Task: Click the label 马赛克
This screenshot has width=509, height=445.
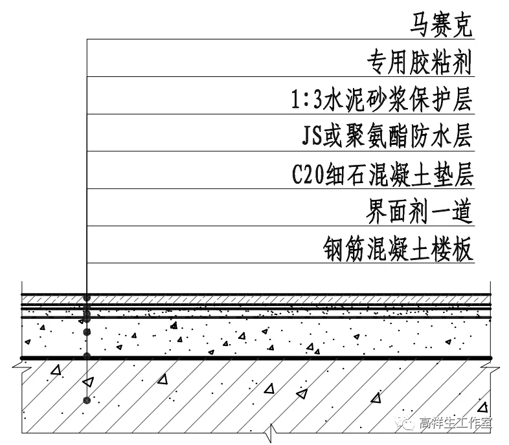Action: click(x=442, y=27)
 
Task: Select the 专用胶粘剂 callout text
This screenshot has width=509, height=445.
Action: click(x=420, y=63)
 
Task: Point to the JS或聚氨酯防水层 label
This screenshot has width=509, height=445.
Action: click(x=387, y=138)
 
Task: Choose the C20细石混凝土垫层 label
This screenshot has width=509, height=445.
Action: click(x=383, y=175)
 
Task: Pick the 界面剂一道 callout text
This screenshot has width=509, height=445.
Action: click(x=420, y=212)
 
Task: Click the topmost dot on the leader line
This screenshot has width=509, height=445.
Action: click(x=86, y=299)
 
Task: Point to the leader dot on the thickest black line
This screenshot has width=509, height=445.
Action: click(x=86, y=356)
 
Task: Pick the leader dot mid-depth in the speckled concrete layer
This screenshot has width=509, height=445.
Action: click(x=86, y=332)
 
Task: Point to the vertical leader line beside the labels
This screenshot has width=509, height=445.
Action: click(x=86, y=162)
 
